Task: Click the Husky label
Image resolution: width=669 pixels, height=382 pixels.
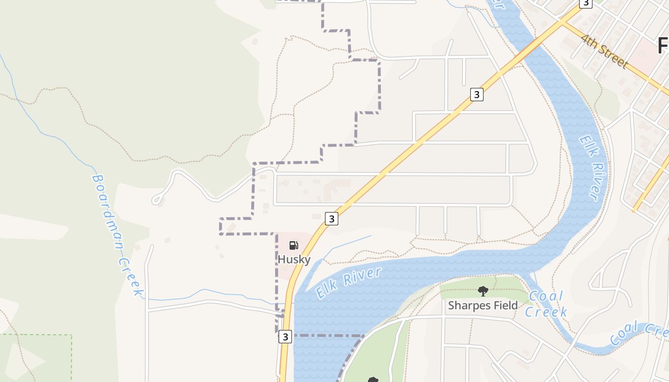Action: point(294,260)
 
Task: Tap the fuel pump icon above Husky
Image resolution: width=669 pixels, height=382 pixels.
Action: point(294,245)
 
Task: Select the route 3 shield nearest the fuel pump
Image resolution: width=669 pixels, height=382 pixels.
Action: point(332,219)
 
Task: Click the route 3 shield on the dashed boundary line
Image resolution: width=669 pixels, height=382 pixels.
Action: point(285,337)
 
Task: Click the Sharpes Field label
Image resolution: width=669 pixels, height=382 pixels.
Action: point(483,305)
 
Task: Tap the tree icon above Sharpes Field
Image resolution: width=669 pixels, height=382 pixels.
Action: point(483,291)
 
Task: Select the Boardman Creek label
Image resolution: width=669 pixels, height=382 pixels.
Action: point(117,234)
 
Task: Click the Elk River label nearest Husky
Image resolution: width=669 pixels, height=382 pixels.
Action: point(349,283)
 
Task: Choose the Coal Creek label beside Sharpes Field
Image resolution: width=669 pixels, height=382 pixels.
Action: point(546,304)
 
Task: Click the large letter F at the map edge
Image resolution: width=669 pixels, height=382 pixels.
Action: point(663,46)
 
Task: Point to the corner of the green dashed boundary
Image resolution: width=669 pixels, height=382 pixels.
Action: point(71,335)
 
